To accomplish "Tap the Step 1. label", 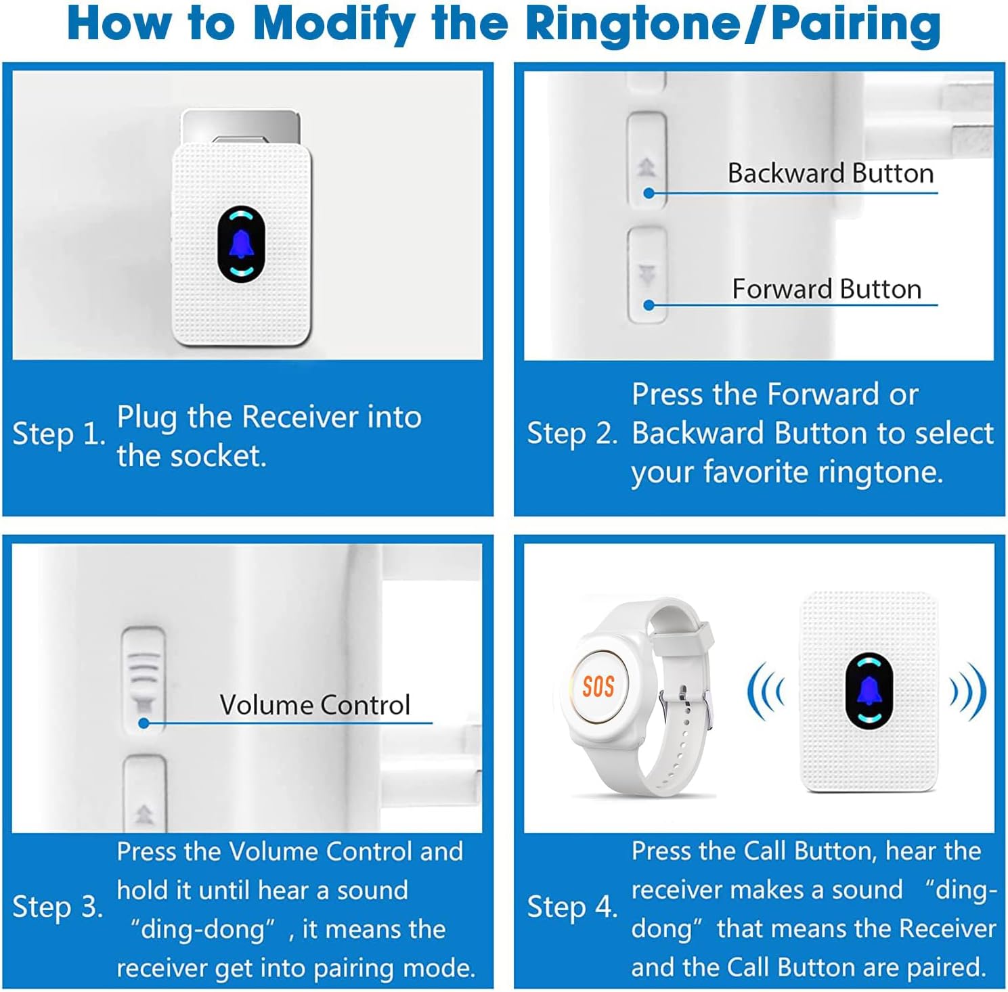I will [59, 434].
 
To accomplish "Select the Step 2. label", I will [572, 434].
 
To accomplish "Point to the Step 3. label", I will [58, 907].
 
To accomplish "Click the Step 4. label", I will [572, 907].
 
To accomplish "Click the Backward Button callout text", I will [831, 174].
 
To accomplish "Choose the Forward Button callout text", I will [827, 290].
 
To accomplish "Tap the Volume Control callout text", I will [315, 705].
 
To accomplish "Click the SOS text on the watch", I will [598, 686].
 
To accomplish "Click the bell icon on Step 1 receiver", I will [241, 244].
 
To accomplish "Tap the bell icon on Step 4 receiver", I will [869, 691].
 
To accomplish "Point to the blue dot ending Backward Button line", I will [649, 194].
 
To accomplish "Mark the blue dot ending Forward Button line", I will [649, 305].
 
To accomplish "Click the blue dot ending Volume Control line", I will [144, 723].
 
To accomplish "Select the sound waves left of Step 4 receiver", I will [766, 692].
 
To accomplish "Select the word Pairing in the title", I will [856, 24].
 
